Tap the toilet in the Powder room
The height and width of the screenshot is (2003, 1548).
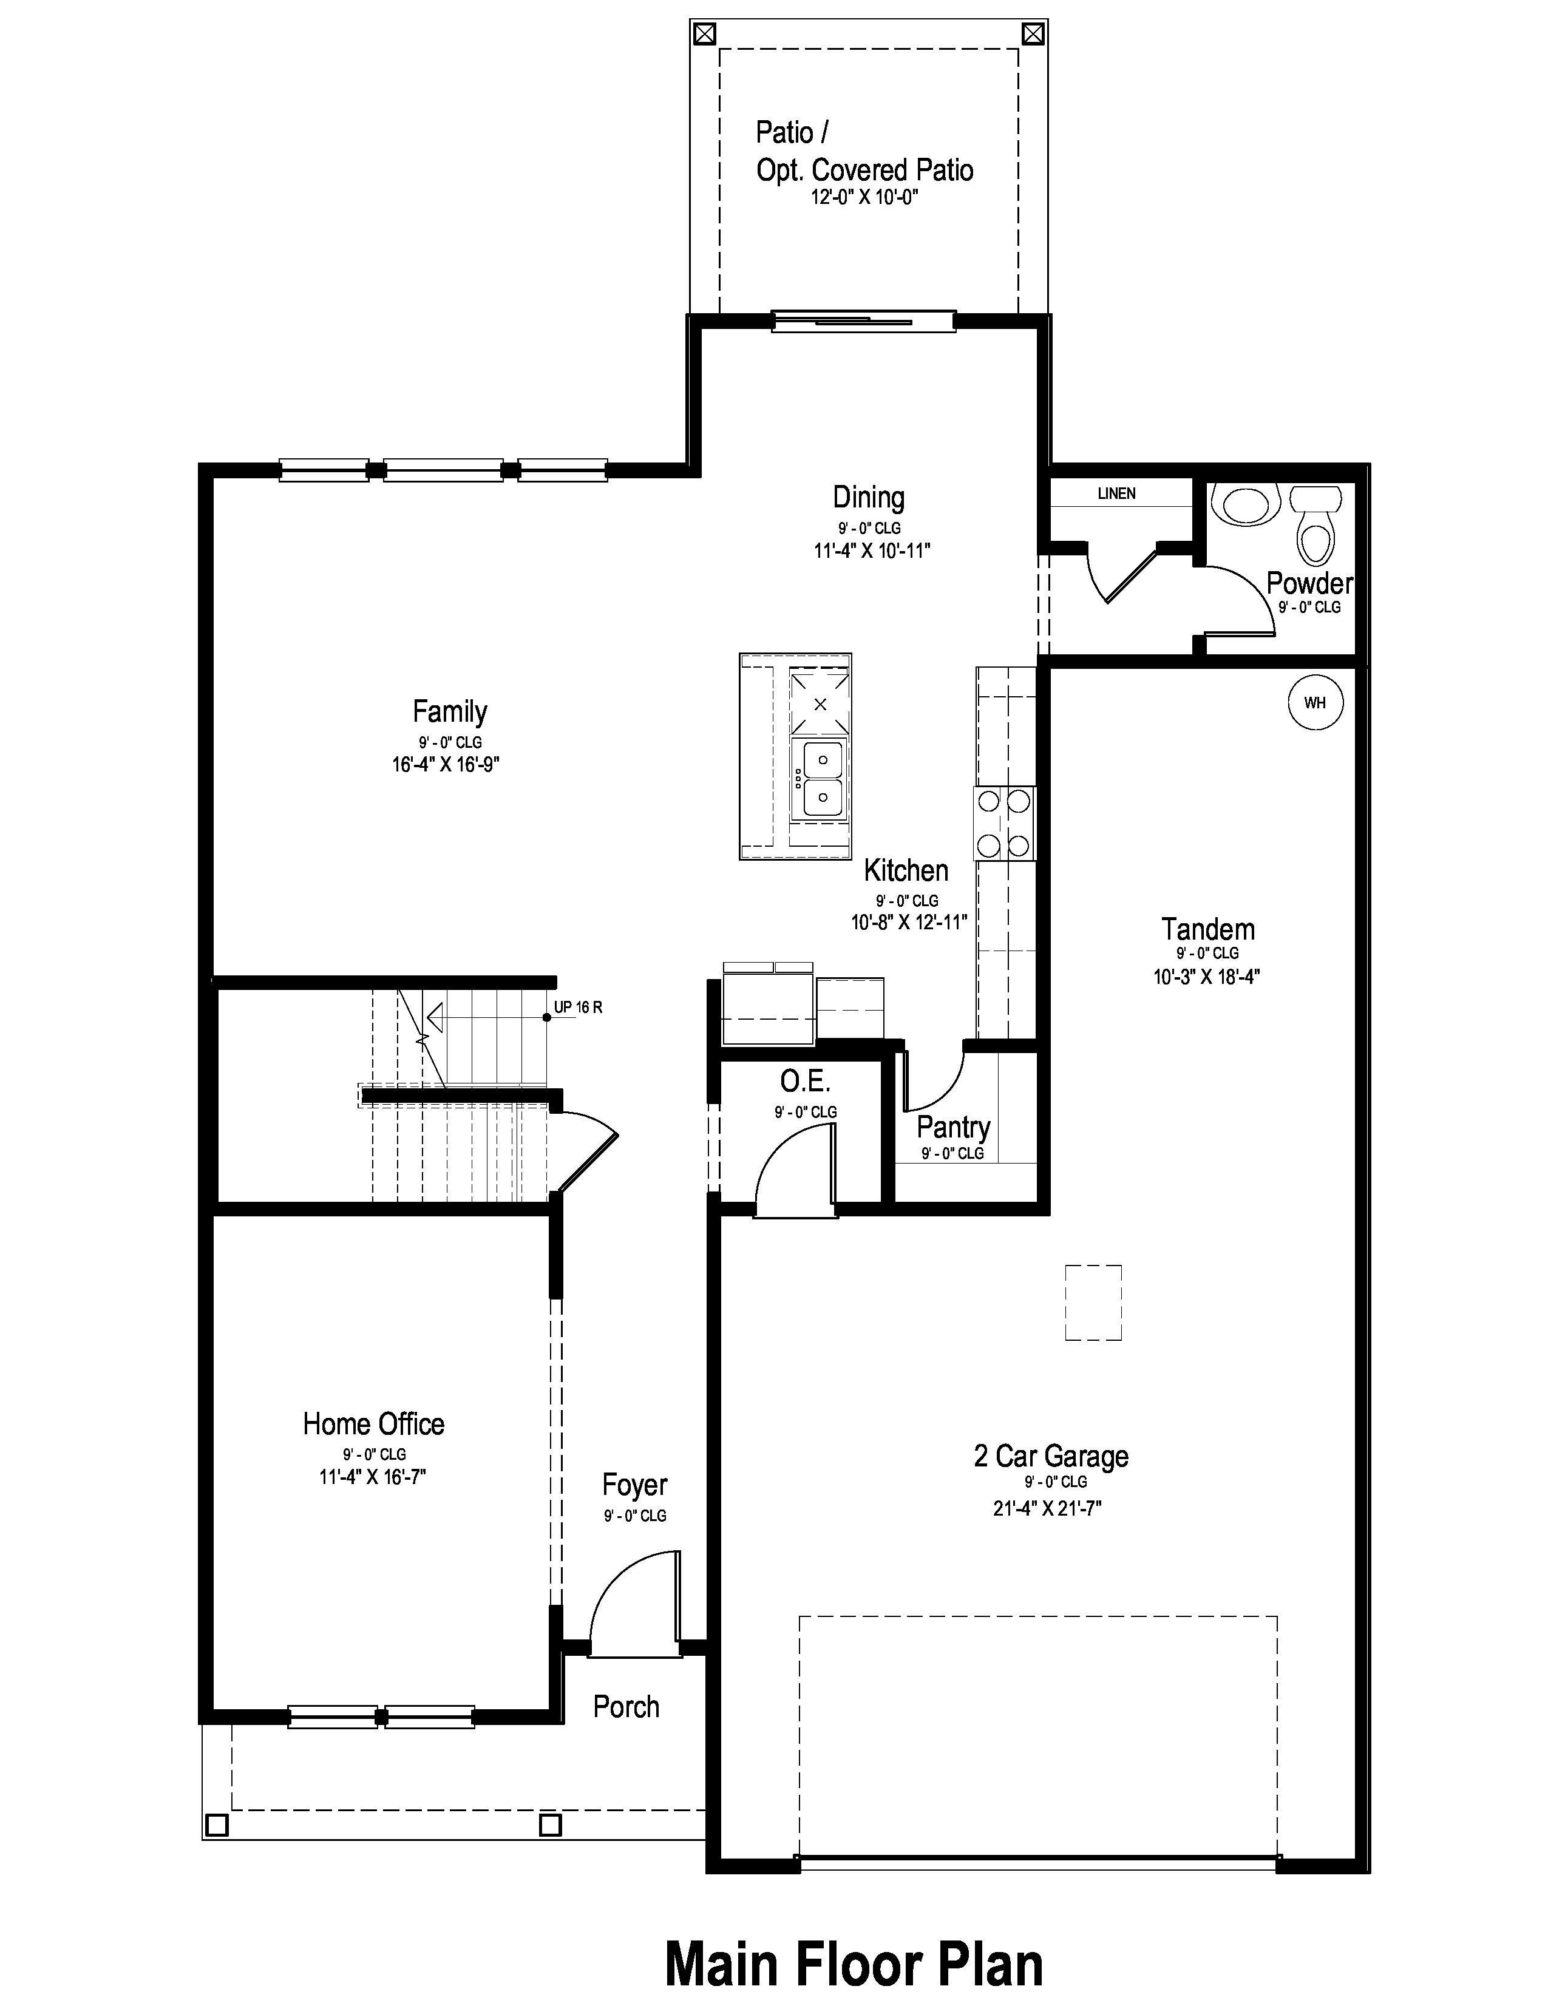click(x=1315, y=524)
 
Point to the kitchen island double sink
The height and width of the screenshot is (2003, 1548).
click(x=822, y=779)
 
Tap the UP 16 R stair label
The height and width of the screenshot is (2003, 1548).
click(x=578, y=1007)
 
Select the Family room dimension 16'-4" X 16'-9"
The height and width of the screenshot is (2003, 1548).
click(x=446, y=765)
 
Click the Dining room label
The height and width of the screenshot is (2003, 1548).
click(x=869, y=498)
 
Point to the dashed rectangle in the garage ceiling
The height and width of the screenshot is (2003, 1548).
click(x=1093, y=1303)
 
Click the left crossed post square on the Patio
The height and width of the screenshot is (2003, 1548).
click(x=704, y=34)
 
